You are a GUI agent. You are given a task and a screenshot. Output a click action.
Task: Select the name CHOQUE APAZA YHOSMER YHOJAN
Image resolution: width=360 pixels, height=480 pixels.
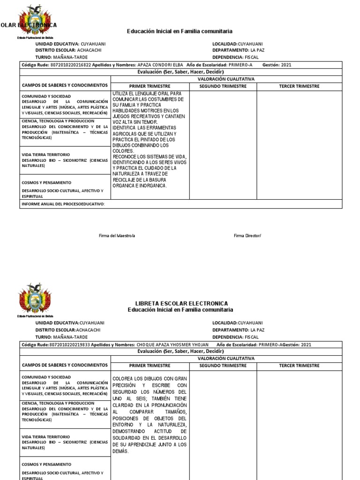pos(172,345)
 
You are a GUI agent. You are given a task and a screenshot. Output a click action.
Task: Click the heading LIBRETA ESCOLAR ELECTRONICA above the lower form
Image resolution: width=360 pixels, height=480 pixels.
pos(181,303)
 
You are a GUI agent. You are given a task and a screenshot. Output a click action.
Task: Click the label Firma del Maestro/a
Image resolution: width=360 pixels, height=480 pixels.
pos(117,235)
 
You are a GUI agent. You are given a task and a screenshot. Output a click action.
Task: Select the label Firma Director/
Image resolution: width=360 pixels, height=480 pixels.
pos(247,235)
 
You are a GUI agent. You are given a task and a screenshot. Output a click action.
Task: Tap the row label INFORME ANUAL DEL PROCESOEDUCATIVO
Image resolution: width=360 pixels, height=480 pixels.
pos(63,204)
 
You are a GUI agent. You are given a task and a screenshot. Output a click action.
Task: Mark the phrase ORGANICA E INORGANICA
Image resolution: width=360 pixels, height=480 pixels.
pos(140,186)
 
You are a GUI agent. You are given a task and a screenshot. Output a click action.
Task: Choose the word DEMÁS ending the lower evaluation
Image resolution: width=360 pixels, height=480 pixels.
pos(120,451)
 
